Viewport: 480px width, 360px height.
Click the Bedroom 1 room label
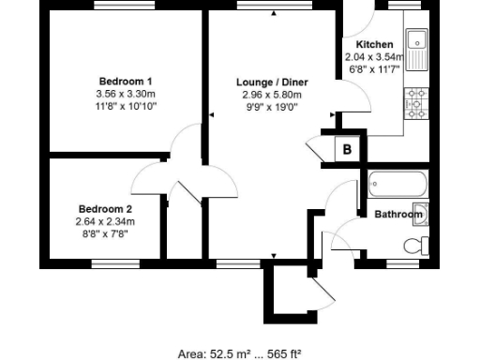click(126, 81)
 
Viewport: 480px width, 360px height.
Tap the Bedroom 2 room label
click(105, 209)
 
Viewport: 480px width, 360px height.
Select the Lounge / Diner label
click(272, 82)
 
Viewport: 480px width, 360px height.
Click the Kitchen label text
click(374, 44)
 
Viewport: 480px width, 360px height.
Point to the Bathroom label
click(398, 215)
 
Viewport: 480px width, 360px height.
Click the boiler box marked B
click(346, 149)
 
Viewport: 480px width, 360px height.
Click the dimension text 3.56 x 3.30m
click(126, 94)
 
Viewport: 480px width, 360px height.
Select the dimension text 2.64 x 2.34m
click(105, 221)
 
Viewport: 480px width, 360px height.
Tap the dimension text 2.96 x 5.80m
click(272, 95)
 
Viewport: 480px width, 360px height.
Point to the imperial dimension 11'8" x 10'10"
click(126, 106)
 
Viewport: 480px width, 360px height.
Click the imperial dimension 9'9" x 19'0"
click(272, 107)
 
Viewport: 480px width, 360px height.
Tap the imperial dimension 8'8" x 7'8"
click(105, 233)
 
